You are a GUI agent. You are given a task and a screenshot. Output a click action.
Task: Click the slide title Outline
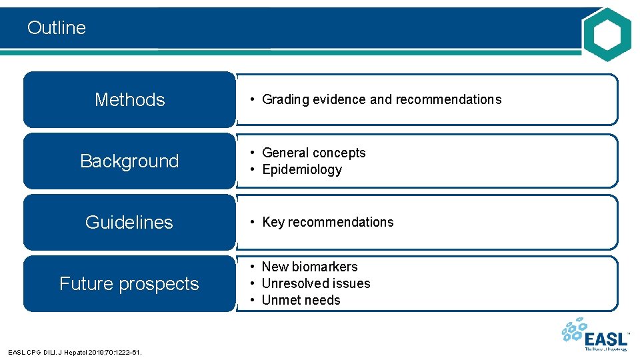click(57, 28)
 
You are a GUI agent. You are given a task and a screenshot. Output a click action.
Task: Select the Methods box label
click(129, 100)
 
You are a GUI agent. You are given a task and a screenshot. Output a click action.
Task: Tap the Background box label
click(129, 161)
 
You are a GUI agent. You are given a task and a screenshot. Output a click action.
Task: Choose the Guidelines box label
click(129, 223)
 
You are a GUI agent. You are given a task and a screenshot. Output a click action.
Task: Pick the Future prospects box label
click(129, 284)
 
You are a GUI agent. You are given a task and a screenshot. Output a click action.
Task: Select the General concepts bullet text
click(314, 153)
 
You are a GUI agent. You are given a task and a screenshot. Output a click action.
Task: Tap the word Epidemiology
click(302, 170)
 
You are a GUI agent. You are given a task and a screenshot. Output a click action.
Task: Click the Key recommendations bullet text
click(328, 223)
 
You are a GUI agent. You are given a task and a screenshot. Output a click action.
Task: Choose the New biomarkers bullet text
click(309, 267)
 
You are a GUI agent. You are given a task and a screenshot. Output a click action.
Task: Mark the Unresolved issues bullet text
click(316, 283)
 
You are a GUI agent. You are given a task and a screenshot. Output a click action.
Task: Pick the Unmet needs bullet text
click(301, 300)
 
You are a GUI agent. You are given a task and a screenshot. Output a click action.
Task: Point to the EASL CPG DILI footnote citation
click(75, 351)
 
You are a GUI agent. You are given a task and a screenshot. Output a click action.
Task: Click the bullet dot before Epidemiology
click(253, 170)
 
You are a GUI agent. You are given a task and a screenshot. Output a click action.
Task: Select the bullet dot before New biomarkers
click(253, 267)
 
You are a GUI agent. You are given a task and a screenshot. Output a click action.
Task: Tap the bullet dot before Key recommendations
click(253, 223)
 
